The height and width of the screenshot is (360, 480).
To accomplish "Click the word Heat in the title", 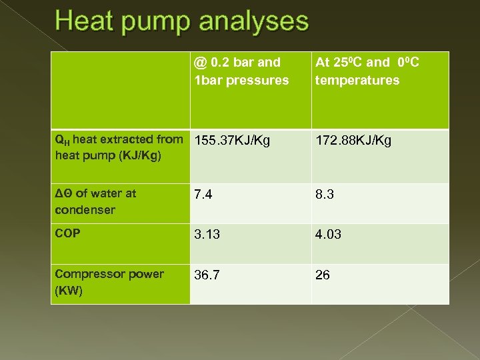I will pos(83,22).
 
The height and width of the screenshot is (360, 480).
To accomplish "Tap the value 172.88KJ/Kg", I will pos(353,141).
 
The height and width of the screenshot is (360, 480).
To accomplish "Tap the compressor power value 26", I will pos(323,275).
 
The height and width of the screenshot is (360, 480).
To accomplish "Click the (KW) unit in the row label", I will pos(69,291).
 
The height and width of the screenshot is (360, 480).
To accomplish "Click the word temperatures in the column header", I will pos(357,81).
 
